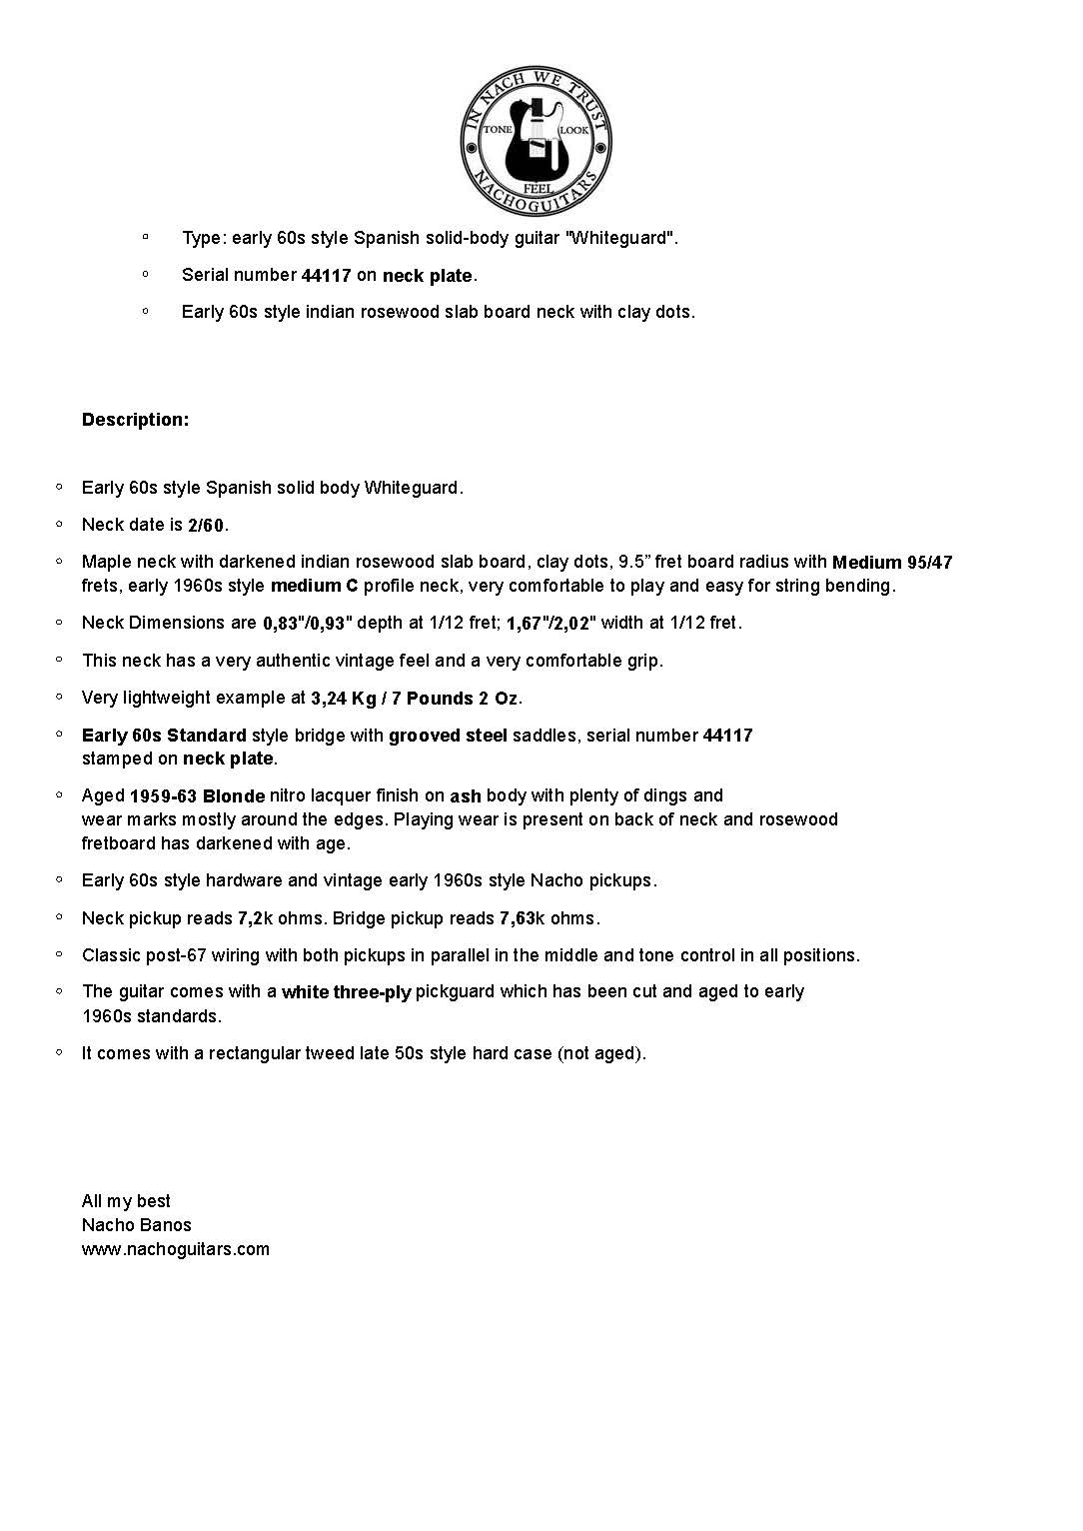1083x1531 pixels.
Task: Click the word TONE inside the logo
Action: coord(497,131)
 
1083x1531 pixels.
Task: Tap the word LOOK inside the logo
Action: coord(573,131)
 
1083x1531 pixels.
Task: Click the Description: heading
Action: coord(135,420)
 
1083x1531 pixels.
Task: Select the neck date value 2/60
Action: coord(206,526)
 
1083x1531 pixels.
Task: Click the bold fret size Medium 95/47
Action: coord(892,563)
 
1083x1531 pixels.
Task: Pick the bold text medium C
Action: coord(314,586)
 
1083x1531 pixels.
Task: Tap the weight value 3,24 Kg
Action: coord(343,699)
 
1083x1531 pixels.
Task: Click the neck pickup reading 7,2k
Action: coord(255,918)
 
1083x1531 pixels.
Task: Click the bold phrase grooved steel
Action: coord(448,737)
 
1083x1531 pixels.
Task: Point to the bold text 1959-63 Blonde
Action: coord(197,796)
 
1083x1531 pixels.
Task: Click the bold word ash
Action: coord(465,796)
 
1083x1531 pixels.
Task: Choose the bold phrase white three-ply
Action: coord(346,992)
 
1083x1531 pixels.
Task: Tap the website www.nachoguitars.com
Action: coord(176,1249)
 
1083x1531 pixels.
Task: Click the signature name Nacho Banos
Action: coord(137,1225)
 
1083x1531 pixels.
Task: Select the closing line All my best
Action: coord(126,1201)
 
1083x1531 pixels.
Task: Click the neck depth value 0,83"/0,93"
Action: coord(308,624)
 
